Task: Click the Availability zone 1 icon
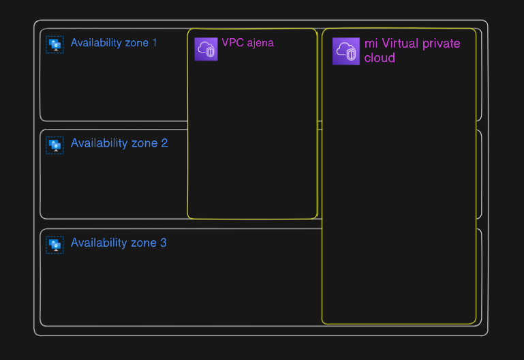pos(55,44)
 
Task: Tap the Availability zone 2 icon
pos(55,145)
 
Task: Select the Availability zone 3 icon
pos(55,245)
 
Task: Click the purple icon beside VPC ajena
pos(206,49)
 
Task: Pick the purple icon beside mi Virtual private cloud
pos(346,51)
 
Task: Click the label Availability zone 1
pos(114,43)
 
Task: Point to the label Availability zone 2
pos(119,143)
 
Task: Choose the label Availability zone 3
pos(119,243)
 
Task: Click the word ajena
pos(260,43)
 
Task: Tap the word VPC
pos(232,42)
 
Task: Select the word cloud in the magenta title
pos(380,58)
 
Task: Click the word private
pos(442,44)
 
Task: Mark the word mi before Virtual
pos(371,44)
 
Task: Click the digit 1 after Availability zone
pos(155,42)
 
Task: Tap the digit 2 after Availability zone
pos(164,143)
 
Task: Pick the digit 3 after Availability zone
pos(164,243)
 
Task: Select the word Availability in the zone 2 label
pos(99,143)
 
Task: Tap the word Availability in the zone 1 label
pos(96,43)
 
